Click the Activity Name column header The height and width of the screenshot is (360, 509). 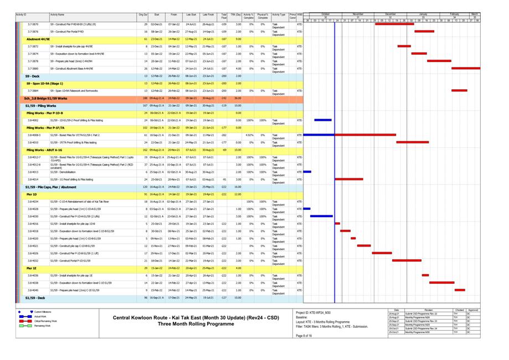pyautogui.click(x=58, y=15)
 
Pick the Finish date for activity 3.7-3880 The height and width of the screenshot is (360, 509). pyautogui.click(x=174, y=68)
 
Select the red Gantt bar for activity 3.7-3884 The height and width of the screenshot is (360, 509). pyautogui.click(x=459, y=90)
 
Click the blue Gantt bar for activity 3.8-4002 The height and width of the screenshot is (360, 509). pyautogui.click(x=323, y=120)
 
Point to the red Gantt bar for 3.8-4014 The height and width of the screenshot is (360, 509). pyautogui.click(x=349, y=179)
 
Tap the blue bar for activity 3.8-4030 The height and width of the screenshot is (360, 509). pyautogui.click(x=321, y=217)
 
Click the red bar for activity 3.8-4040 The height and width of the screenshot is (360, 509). pyautogui.click(x=460, y=290)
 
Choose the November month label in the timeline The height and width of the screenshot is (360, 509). pyautogui.click(x=358, y=14)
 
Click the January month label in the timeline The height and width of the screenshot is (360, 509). pyautogui.click(x=423, y=14)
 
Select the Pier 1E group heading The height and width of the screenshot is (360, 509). pyautogui.click(x=32, y=268)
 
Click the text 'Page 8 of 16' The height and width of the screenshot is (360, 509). pyautogui.click(x=305, y=336)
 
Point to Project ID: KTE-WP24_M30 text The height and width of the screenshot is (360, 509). pyautogui.click(x=313, y=313)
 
